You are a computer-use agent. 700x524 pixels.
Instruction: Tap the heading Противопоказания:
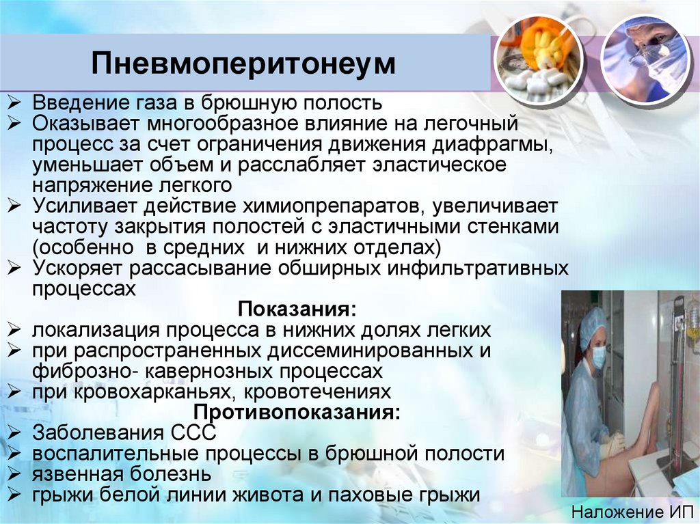297,413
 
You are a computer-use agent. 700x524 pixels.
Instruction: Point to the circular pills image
538,57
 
